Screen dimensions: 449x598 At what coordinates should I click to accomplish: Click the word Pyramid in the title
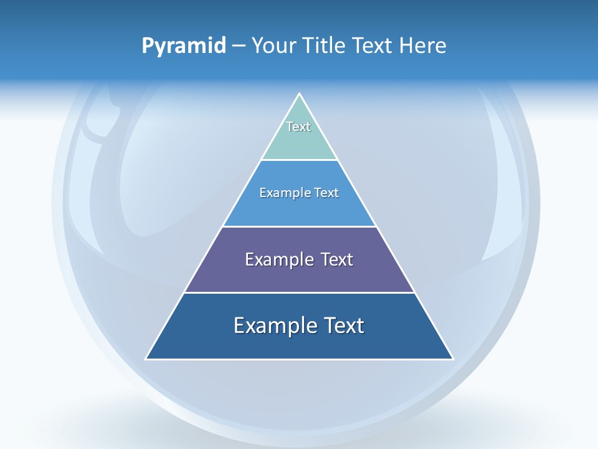click(184, 46)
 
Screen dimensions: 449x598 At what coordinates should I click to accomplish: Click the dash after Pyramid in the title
click(239, 46)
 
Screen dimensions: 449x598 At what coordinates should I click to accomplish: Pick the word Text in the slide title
click(374, 46)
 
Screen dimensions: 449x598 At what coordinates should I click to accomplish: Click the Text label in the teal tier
click(298, 127)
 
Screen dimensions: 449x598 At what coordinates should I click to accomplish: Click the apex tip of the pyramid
click(300, 94)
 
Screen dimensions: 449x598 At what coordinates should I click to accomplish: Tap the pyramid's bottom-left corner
click(146, 359)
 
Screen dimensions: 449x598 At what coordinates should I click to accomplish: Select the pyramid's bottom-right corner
click(453, 359)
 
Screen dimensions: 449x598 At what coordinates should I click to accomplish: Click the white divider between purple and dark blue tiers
click(300, 292)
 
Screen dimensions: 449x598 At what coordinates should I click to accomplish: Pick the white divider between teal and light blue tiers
click(300, 160)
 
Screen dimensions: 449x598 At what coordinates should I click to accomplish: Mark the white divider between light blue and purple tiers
click(300, 226)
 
